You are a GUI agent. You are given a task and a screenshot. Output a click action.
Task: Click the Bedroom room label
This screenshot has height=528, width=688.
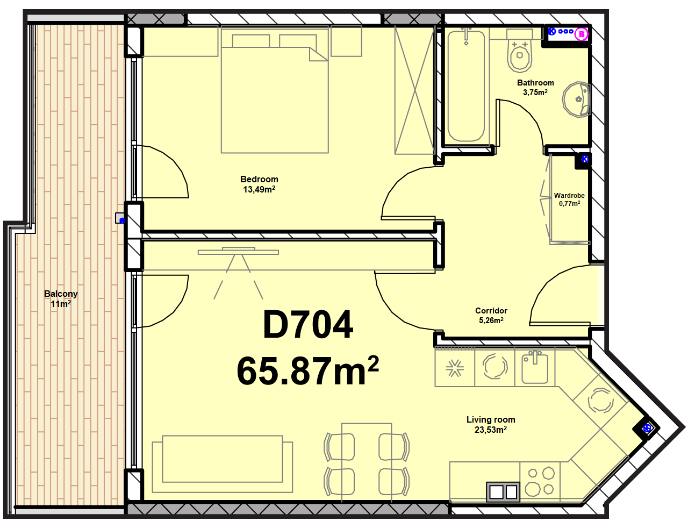[259, 179]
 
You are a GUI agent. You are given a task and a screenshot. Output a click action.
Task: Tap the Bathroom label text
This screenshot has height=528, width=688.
[535, 83]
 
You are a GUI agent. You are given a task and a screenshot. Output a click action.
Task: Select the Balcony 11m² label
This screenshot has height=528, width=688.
[61, 299]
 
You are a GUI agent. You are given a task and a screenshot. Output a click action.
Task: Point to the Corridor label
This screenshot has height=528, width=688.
[491, 311]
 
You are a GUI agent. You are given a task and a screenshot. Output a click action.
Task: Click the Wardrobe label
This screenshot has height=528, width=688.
[569, 195]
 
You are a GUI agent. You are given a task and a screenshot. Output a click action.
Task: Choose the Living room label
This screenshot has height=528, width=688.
[491, 420]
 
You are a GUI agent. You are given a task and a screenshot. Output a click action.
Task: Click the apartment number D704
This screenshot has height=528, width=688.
[308, 325]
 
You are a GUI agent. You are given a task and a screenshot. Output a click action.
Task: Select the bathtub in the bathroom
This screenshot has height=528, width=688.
[466, 86]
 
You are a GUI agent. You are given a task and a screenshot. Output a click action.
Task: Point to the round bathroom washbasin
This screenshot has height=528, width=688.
[576, 100]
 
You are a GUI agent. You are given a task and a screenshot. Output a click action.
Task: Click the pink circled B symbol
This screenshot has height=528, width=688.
[581, 34]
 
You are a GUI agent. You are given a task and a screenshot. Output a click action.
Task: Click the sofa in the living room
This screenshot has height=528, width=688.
[223, 464]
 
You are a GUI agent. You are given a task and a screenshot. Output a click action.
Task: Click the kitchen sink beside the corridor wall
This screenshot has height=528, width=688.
[535, 367]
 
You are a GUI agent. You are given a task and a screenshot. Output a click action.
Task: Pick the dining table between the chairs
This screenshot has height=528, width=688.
[367, 462]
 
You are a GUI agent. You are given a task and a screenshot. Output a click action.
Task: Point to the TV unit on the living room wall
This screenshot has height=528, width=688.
[238, 251]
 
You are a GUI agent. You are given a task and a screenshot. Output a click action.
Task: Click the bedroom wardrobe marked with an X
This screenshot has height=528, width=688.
[414, 90]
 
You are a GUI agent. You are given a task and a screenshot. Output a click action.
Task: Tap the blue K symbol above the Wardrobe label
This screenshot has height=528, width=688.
[585, 159]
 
